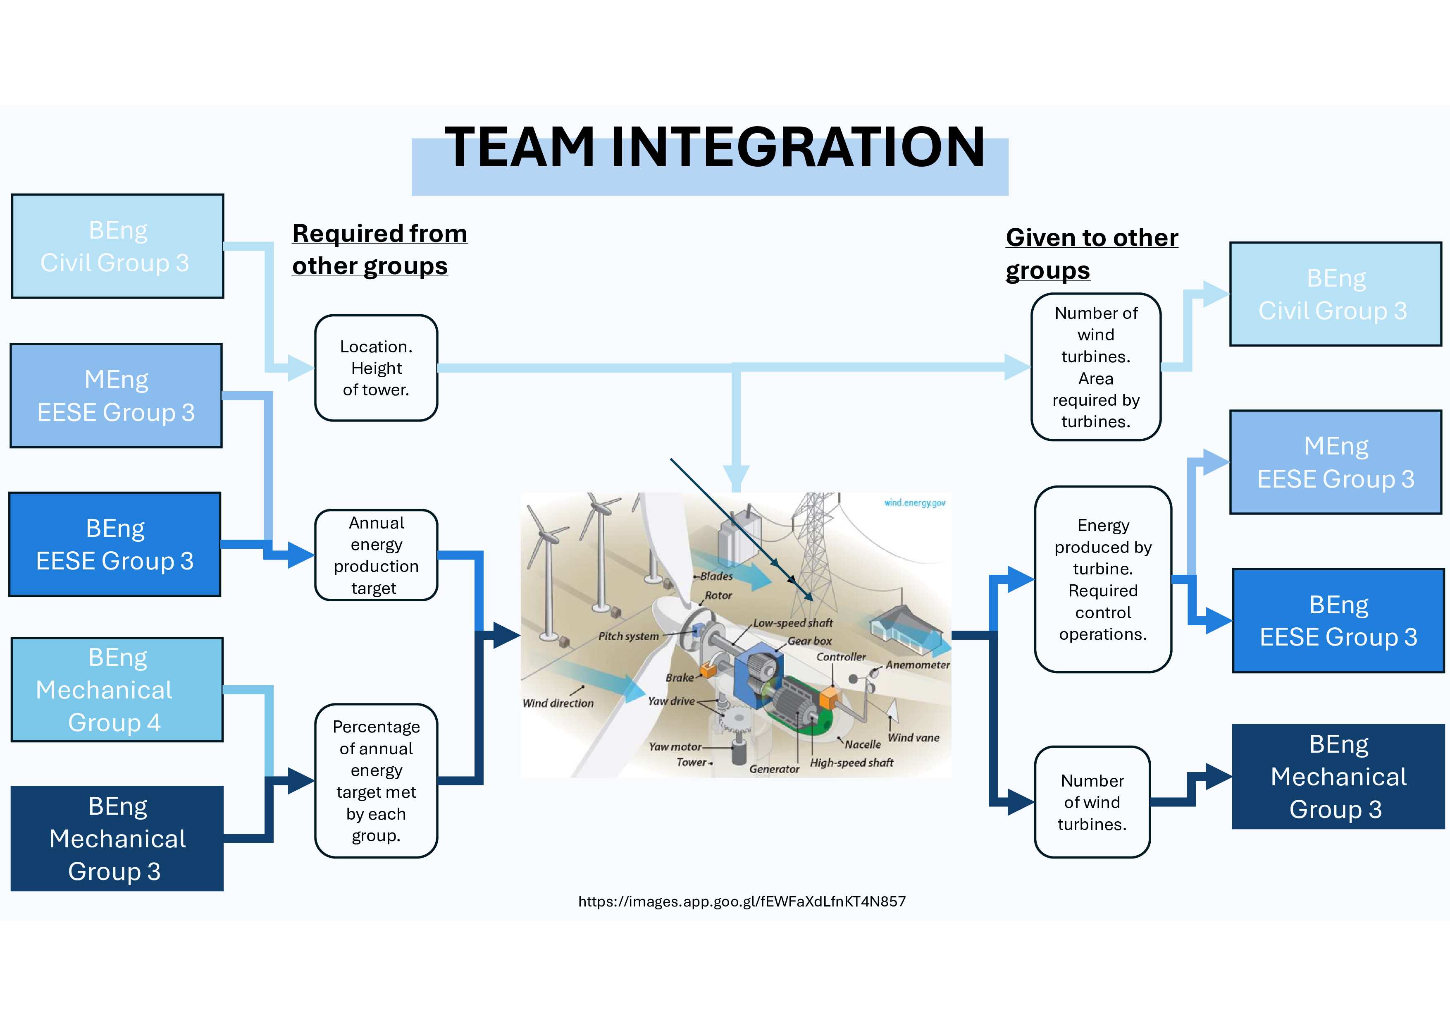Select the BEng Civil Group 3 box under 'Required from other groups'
(x=117, y=246)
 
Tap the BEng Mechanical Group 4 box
(x=117, y=689)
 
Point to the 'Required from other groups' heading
(x=379, y=249)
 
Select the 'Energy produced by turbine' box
(x=1103, y=579)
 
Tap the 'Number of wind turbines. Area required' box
(x=1096, y=367)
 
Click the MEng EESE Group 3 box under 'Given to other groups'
(x=1335, y=462)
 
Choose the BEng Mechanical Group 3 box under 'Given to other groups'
(x=1338, y=777)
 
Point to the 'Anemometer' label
(x=917, y=665)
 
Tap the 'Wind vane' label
(x=913, y=738)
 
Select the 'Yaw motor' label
(x=675, y=747)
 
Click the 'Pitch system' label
(x=628, y=636)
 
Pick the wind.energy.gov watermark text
(x=914, y=503)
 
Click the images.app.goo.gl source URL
(x=742, y=902)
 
